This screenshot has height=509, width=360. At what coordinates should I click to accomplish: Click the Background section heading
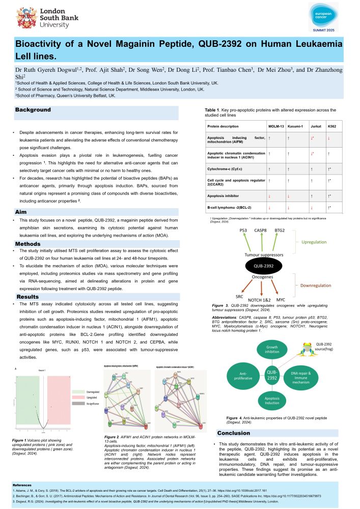click(33, 110)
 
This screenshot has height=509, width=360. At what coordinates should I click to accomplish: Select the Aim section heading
click(21, 211)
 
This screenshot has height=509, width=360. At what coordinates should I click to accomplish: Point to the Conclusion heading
click(234, 433)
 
